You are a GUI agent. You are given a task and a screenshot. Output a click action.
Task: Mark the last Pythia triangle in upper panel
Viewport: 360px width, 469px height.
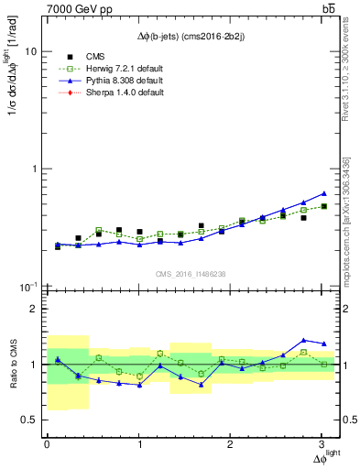tap(323, 193)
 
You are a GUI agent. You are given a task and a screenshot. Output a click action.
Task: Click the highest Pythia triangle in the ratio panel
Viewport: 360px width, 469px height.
tap(304, 340)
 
